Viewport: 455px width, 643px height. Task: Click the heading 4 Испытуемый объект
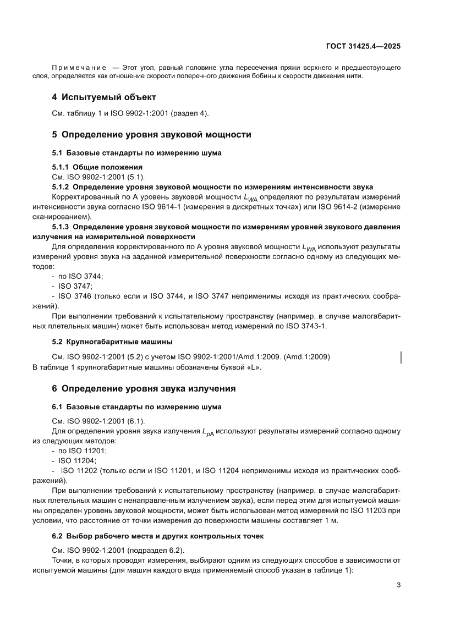tap(104, 97)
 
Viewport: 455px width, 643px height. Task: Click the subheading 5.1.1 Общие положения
tap(97, 167)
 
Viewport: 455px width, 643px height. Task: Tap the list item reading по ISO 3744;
tap(80, 276)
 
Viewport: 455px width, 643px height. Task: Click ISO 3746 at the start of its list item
tap(76, 296)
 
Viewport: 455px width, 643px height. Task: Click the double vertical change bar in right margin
tap(400, 358)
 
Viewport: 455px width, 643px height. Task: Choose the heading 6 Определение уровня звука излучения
tap(144, 389)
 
